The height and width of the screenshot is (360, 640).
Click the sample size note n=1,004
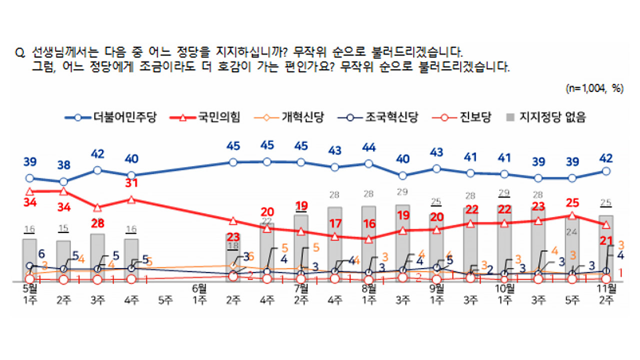click(594, 88)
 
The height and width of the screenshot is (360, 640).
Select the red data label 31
click(131, 184)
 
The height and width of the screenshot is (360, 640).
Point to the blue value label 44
click(369, 147)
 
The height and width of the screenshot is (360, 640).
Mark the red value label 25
click(572, 202)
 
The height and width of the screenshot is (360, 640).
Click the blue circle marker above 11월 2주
click(606, 171)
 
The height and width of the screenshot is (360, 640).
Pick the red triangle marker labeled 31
click(131, 199)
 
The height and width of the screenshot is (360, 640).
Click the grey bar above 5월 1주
click(29, 260)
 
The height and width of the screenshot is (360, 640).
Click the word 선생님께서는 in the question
click(60, 52)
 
